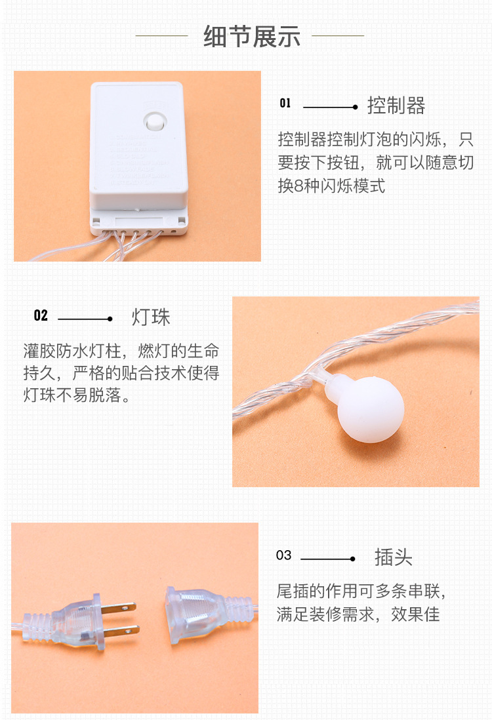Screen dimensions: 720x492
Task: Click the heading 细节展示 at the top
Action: click(x=252, y=36)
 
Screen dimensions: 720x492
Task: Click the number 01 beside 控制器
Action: click(x=285, y=103)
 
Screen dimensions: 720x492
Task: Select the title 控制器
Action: click(x=396, y=106)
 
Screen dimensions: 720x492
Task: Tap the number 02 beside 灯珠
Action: click(x=41, y=316)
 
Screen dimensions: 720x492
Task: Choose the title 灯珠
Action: click(x=151, y=317)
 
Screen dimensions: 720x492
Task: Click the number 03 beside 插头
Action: click(x=283, y=555)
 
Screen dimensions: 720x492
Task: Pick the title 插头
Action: click(x=393, y=557)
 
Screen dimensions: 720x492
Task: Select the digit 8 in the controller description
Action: click(x=298, y=186)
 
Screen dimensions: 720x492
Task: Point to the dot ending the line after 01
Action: click(x=355, y=107)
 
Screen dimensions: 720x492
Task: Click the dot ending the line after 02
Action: click(x=110, y=319)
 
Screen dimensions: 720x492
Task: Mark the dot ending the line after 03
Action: click(x=352, y=559)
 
